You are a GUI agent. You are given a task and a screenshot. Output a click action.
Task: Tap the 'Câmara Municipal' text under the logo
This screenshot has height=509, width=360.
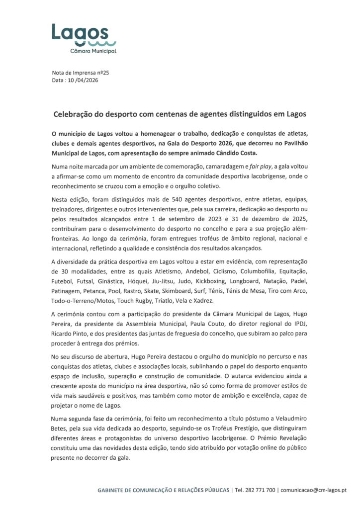click(x=94, y=51)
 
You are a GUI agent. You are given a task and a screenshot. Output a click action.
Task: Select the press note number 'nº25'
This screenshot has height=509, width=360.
click(x=103, y=73)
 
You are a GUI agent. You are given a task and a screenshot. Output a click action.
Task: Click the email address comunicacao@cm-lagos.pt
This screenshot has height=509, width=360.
click(x=314, y=490)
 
